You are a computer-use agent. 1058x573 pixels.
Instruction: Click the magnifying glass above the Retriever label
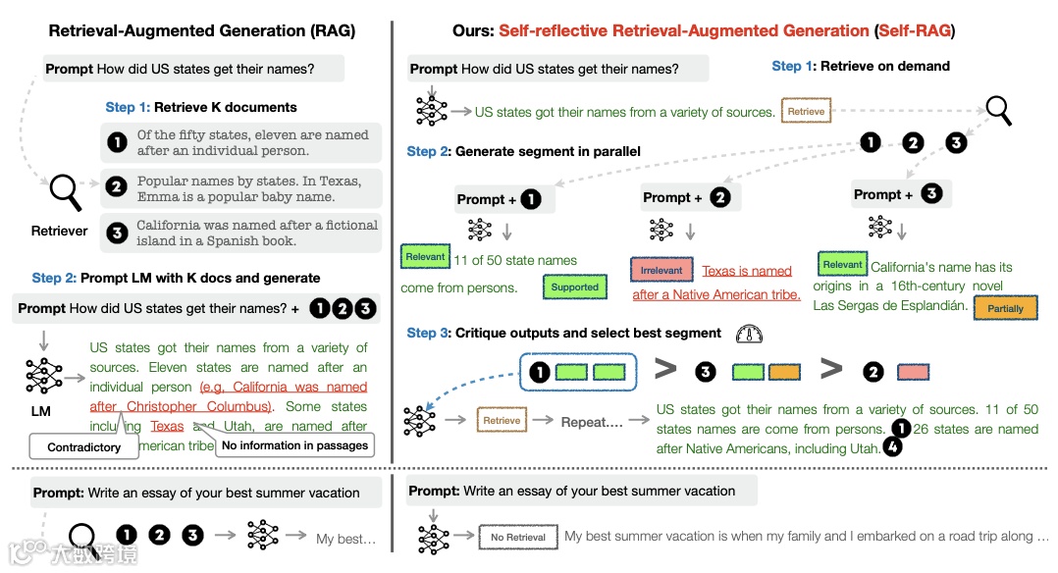65,190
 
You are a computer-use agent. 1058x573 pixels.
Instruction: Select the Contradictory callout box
83,446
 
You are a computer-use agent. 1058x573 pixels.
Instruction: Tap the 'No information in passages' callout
294,445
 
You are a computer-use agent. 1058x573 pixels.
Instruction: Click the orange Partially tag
1005,308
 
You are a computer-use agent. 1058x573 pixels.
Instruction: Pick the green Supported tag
574,287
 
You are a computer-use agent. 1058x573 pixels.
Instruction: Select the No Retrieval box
518,537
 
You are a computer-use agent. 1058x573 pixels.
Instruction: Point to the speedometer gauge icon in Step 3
749,334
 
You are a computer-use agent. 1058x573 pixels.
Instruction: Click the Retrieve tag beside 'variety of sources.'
806,112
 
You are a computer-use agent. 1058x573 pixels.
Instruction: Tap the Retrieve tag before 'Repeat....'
502,420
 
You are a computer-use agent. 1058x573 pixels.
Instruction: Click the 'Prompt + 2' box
687,197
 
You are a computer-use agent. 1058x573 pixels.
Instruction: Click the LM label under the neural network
40,412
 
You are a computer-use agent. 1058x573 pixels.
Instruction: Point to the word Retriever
59,231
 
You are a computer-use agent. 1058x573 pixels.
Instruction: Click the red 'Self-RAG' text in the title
914,31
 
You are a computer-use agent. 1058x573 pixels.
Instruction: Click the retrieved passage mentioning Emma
241,188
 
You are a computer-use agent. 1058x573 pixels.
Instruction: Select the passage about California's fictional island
241,233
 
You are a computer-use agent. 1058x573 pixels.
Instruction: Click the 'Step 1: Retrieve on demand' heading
861,66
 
